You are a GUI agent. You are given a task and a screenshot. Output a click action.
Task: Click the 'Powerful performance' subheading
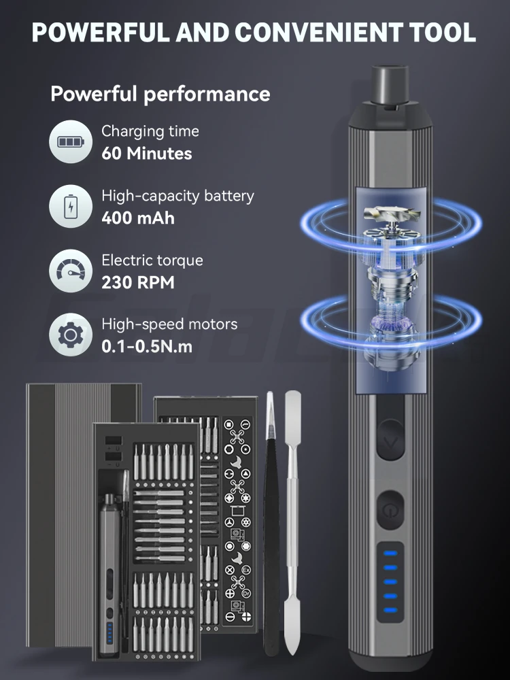point(160,94)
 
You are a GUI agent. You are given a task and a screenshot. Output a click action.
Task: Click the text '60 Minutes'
point(147,154)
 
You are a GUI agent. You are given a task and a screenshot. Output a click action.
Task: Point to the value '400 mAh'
point(138,218)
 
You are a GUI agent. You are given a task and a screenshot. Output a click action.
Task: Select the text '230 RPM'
point(138,282)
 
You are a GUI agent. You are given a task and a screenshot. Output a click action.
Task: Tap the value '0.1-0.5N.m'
point(147,346)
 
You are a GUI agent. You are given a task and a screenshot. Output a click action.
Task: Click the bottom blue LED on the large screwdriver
point(390,609)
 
